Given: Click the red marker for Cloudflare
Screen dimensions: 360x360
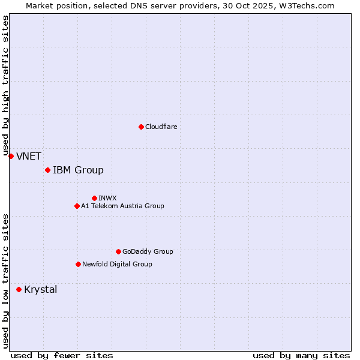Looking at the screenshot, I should pos(141,127).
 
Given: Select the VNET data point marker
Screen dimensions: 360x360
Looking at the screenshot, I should pos(11,156).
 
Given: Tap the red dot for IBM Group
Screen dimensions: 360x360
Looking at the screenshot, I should pos(47,170).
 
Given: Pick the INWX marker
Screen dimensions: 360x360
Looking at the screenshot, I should pos(94,198).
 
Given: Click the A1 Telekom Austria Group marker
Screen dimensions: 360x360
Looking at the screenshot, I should pos(77,206).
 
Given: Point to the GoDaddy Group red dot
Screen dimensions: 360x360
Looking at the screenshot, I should pos(118,251).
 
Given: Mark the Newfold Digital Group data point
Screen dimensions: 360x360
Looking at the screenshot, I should pos(78,264).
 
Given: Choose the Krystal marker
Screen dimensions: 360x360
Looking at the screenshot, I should pos(19,289).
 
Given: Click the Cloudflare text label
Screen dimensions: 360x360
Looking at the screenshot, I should pos(161,127).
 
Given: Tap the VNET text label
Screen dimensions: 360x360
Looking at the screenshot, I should pos(29,157).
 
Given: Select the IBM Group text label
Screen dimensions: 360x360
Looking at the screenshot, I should pos(78,170).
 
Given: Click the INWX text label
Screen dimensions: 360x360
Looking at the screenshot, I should pos(107,198).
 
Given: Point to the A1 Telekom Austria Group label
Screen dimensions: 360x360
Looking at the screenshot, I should pos(122,206).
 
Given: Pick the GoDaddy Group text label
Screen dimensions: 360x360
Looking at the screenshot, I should pos(148,252).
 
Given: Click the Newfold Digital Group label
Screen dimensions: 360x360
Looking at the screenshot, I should pos(117,264).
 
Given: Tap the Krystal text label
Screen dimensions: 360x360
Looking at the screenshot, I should pos(41,290).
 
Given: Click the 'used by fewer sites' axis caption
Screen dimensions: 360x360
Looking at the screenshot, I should pos(62,356).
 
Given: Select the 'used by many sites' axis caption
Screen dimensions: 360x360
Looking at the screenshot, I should pos(301,356).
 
